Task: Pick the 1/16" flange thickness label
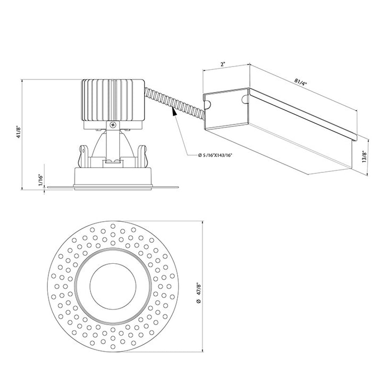[x=41, y=181]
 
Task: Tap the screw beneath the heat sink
[x=113, y=124]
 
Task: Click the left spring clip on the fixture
[x=84, y=156]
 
